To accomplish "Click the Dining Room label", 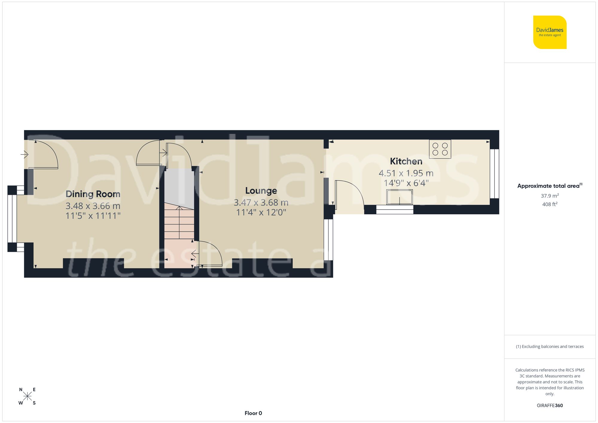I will click(93, 194).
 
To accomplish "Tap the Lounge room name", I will click(261, 191).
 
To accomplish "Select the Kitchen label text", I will click(406, 161).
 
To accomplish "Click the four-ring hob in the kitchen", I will click(440, 149).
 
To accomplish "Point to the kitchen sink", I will click(399, 197).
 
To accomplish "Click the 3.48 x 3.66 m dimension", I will click(93, 206).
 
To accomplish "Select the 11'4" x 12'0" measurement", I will click(261, 213).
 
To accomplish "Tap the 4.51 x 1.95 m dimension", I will click(406, 173).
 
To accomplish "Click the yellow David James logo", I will click(550, 32).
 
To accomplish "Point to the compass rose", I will click(27, 396).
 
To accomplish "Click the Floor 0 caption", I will click(253, 413).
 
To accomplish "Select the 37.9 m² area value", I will click(550, 196).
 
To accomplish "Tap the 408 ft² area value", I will click(550, 204).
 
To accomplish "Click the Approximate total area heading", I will click(550, 186).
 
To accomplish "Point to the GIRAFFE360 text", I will click(550, 405).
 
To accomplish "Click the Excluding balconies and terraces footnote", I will click(550, 346).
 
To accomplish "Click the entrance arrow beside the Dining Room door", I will click(25, 154).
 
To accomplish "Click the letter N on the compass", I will click(21, 390).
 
